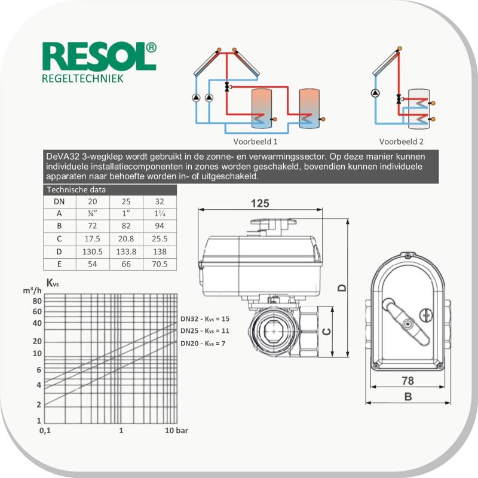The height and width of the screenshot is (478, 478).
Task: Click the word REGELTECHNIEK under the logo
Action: coord(82,79)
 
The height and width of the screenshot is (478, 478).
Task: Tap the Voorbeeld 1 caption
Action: coord(256,142)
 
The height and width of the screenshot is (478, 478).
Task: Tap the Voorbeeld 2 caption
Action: coord(401,142)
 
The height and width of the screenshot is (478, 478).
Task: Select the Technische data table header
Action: coord(76,189)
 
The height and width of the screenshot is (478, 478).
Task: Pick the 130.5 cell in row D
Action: coord(93,252)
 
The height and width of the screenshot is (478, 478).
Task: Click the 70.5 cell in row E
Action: coord(160,264)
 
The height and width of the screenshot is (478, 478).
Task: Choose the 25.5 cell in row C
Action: coord(160,238)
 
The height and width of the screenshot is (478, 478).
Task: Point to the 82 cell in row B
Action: coord(126,226)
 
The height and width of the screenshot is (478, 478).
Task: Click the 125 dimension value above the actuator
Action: coord(260,203)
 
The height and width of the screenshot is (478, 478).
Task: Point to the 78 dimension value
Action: coord(408,381)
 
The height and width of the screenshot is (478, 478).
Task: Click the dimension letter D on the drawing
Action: coord(342,288)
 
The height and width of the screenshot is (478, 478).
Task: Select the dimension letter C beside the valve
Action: coord(326,332)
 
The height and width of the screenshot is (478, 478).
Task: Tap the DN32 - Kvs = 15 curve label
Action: coord(205,319)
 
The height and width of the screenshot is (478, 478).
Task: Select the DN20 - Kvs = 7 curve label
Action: coord(203,344)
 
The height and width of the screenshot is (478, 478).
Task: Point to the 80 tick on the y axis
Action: coord(37,301)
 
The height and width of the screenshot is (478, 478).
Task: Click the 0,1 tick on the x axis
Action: coord(45,430)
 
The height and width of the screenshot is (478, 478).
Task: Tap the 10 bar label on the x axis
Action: coord(176,430)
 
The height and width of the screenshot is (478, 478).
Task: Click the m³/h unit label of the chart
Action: coord(32,290)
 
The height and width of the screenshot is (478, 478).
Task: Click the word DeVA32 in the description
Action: coord(63,157)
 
